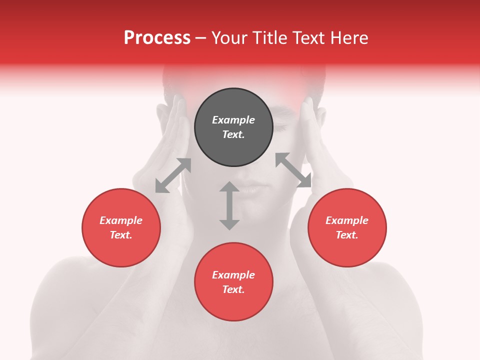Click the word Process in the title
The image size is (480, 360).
(x=157, y=38)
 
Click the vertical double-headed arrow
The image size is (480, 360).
(x=229, y=205)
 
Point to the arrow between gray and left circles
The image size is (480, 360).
(x=173, y=175)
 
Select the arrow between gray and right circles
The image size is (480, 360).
(x=293, y=170)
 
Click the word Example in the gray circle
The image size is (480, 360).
(x=233, y=120)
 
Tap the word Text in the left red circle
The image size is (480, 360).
(x=121, y=235)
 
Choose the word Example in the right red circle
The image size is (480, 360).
(x=347, y=220)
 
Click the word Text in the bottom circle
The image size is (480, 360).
(x=233, y=289)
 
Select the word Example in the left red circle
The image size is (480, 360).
(x=121, y=220)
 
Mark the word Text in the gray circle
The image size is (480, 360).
(x=233, y=134)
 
